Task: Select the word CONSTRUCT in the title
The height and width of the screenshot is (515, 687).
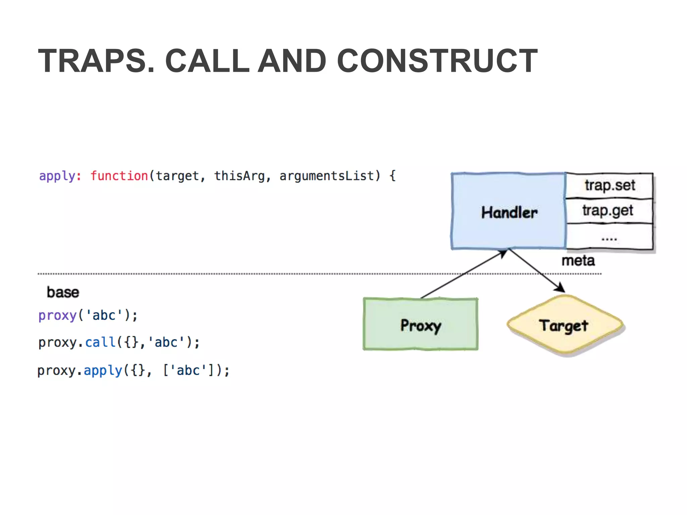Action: [437, 61]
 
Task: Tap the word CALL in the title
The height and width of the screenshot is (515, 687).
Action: [207, 61]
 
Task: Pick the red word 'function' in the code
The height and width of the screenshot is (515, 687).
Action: [119, 176]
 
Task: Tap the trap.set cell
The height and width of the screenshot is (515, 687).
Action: [610, 185]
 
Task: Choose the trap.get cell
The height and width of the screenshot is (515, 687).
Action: [607, 211]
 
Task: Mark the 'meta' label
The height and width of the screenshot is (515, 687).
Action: [578, 261]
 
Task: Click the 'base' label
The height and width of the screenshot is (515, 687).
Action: [63, 292]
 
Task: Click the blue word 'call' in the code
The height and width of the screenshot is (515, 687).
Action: [100, 342]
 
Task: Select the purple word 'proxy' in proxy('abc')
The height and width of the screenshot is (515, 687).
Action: [57, 316]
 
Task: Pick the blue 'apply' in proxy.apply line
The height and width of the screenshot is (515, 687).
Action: [103, 370]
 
